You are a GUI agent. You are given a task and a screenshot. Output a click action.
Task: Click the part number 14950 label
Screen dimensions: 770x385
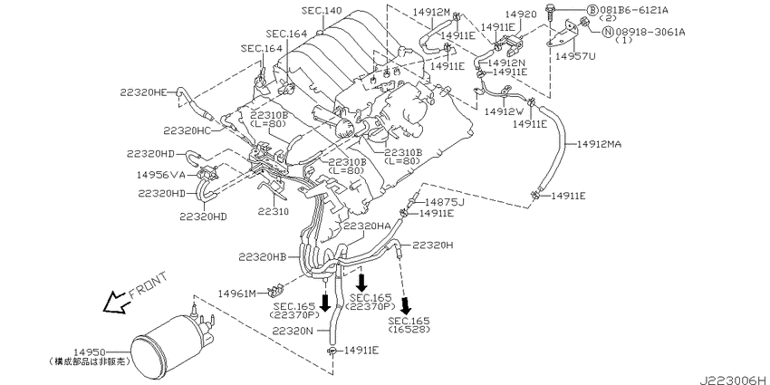90,352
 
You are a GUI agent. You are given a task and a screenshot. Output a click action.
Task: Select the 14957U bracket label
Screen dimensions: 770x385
575,56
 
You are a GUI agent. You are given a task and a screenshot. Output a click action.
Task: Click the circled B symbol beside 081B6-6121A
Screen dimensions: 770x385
592,10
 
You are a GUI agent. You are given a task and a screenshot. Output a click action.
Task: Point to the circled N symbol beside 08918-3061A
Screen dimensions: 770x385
608,33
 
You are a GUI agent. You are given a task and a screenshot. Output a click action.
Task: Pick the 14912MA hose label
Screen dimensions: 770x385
599,144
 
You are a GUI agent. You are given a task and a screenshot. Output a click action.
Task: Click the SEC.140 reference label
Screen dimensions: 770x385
322,10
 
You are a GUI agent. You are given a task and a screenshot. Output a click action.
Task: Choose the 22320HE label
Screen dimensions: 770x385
143,91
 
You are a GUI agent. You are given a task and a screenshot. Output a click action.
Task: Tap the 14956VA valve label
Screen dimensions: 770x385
161,174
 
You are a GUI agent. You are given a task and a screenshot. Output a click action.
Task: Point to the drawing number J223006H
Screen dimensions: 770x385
734,380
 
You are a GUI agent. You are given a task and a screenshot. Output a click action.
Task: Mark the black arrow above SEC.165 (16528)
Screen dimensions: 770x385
406,305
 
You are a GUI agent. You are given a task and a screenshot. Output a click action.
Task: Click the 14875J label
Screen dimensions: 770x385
445,202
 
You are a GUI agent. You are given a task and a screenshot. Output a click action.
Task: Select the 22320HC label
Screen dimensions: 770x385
188,130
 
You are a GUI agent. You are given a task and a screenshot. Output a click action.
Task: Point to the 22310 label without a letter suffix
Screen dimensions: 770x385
273,212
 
